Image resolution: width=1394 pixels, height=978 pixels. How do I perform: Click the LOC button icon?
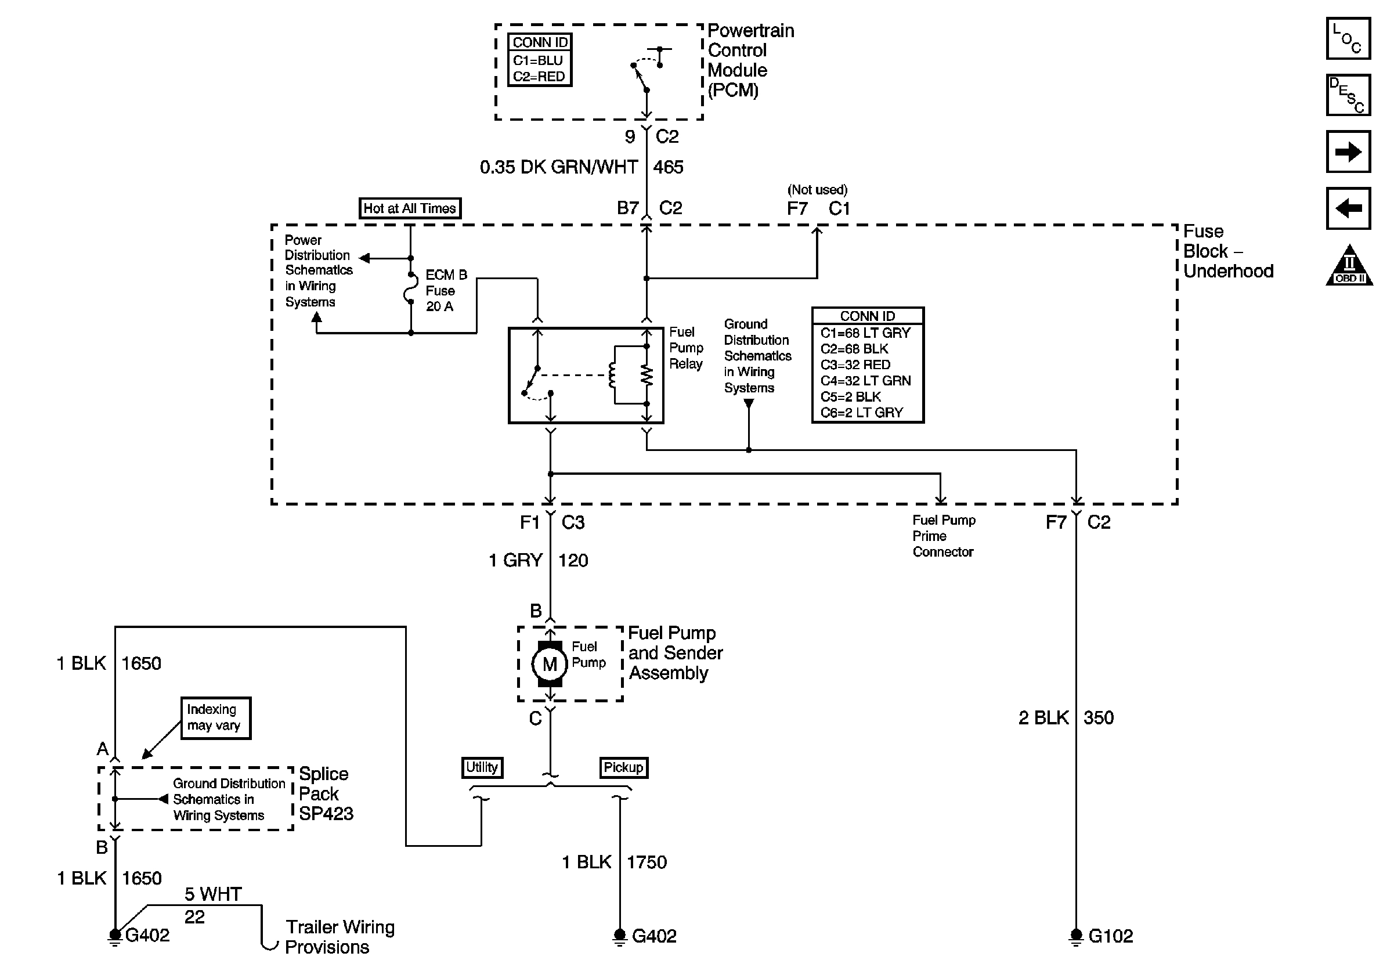click(x=1347, y=38)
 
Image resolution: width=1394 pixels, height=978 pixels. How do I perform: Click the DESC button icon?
click(x=1347, y=95)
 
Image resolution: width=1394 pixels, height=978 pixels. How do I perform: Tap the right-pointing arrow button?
click(x=1347, y=151)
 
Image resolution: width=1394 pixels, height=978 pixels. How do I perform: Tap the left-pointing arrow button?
click(x=1347, y=208)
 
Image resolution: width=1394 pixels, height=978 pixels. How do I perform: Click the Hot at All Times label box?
click(x=409, y=208)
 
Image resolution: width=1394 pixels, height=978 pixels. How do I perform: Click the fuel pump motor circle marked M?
click(x=550, y=664)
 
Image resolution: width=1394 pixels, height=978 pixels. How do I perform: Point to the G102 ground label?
click(x=1110, y=936)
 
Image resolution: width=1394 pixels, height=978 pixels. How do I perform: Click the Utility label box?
click(x=482, y=767)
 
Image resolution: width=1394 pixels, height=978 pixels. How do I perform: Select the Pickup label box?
click(x=623, y=767)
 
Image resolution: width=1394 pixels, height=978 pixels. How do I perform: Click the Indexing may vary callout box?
click(x=215, y=717)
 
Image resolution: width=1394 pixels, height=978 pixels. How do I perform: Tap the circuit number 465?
click(x=668, y=167)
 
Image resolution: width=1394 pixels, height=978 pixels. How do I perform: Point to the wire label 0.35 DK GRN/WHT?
click(x=558, y=167)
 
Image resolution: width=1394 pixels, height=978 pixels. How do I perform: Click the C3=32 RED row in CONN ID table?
click(x=855, y=365)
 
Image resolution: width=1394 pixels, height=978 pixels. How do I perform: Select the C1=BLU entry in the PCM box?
click(x=537, y=60)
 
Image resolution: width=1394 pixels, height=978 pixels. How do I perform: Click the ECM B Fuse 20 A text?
click(x=445, y=291)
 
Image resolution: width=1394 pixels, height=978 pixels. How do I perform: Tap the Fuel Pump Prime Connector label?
click(x=943, y=536)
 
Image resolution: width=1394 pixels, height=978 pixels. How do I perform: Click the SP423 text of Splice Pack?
click(x=326, y=814)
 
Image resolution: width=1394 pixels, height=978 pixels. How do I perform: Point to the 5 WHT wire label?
click(x=212, y=894)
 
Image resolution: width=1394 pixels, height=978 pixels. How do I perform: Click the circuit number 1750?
click(x=646, y=862)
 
